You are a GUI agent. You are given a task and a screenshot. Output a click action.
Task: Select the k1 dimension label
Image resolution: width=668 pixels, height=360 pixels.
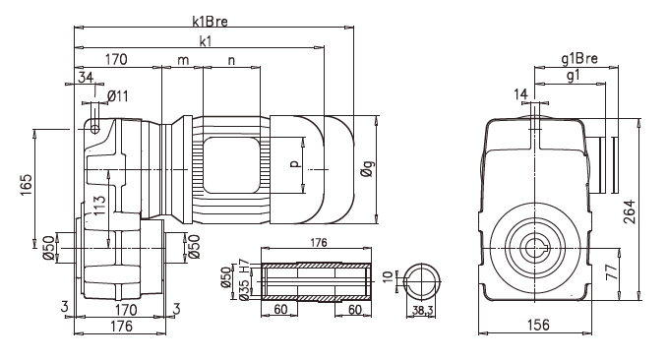click(x=204, y=41)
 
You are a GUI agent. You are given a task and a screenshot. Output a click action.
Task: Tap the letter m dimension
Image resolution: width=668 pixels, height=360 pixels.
click(x=182, y=60)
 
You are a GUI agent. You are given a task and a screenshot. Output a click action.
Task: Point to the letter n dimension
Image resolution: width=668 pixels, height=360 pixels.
click(x=231, y=60)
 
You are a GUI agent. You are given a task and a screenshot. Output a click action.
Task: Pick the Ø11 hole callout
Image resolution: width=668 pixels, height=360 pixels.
click(x=117, y=95)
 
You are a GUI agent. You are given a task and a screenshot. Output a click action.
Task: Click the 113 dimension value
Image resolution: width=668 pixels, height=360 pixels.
click(x=99, y=207)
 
